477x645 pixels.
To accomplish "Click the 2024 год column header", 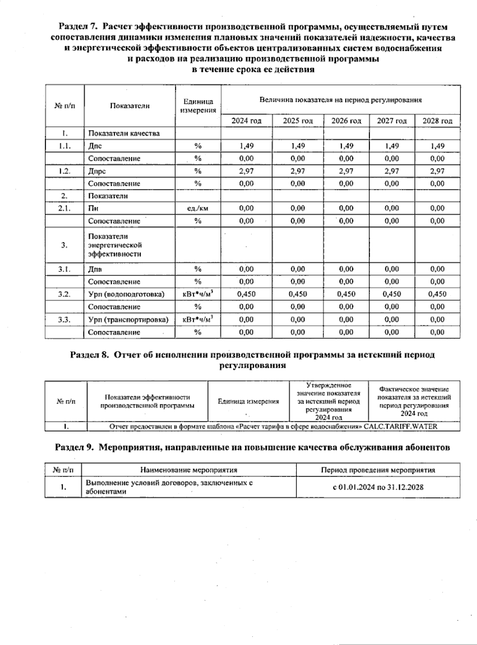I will (x=246, y=121).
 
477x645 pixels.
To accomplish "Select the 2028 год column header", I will (x=437, y=121).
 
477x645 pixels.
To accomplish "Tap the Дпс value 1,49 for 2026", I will (x=346, y=146).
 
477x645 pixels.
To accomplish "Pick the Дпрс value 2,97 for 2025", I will (x=298, y=171).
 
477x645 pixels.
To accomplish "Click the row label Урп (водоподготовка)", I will (x=126, y=294).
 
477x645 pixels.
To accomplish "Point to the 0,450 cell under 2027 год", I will (x=392, y=294).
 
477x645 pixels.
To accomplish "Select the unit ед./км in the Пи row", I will (x=198, y=208).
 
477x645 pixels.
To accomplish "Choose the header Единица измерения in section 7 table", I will (x=198, y=106).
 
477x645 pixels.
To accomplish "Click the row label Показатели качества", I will (x=124, y=133).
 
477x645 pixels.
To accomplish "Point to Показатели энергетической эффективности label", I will (x=115, y=245).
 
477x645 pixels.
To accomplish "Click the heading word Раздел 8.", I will (x=89, y=355).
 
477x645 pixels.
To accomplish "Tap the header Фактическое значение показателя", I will (x=414, y=401).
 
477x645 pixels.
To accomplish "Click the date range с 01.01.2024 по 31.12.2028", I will (x=378, y=487).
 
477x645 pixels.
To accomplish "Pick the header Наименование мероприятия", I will (x=188, y=470).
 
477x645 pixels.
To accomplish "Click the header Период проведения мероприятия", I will (x=378, y=470).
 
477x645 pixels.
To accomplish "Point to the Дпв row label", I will (x=95, y=269).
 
